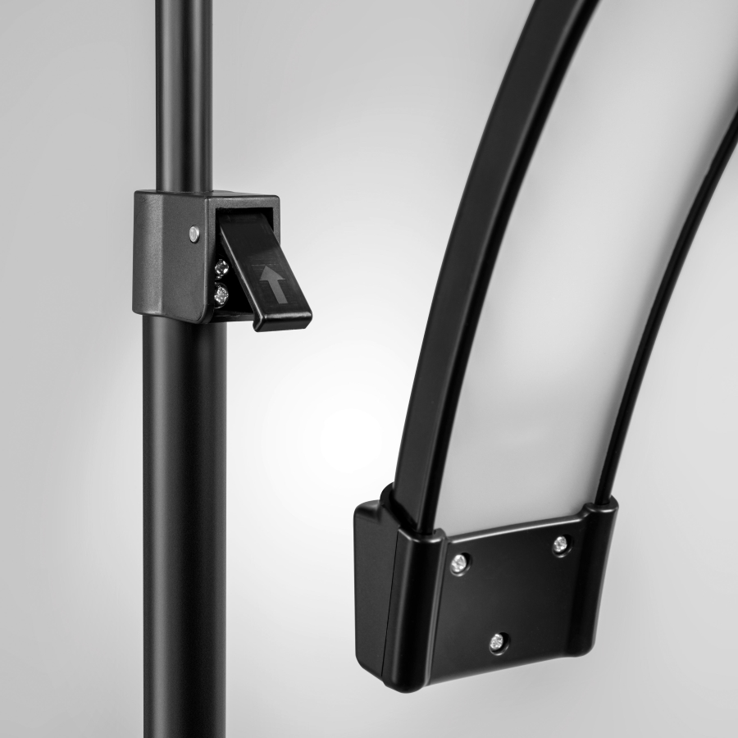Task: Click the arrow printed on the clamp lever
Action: click(274, 283)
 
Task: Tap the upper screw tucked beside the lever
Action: click(221, 266)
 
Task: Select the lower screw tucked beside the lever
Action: click(221, 293)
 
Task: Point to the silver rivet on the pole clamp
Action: click(194, 233)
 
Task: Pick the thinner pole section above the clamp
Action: click(182, 90)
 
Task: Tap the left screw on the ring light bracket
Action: click(459, 563)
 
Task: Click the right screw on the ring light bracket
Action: click(561, 543)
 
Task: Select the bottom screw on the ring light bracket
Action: click(497, 642)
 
